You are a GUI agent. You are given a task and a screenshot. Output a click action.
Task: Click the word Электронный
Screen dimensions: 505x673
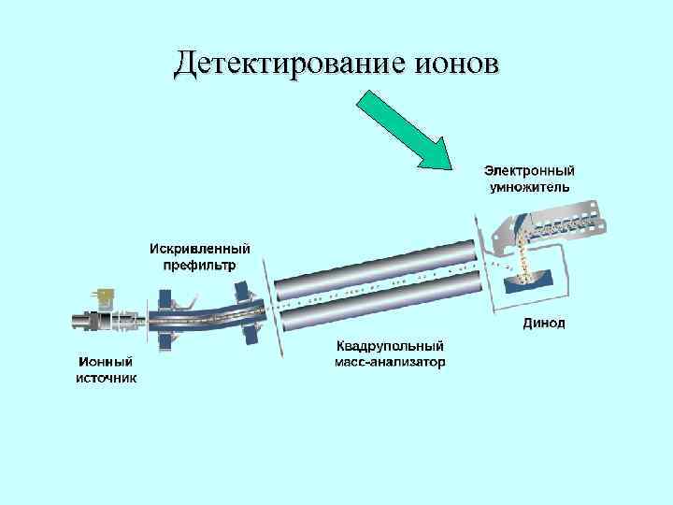(529, 171)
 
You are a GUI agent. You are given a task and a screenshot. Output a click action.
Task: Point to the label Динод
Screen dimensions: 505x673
(543, 325)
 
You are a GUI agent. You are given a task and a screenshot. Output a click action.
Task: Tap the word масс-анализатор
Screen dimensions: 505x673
(391, 362)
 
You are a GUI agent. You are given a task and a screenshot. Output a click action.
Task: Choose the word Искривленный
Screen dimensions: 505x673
(201, 250)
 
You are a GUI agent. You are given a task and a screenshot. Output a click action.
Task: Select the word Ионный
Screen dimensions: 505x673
(104, 362)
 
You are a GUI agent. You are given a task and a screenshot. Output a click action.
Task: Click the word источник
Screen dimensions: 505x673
(106, 378)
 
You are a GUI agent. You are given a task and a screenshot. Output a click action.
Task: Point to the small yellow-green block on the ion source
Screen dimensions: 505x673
(105, 296)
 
